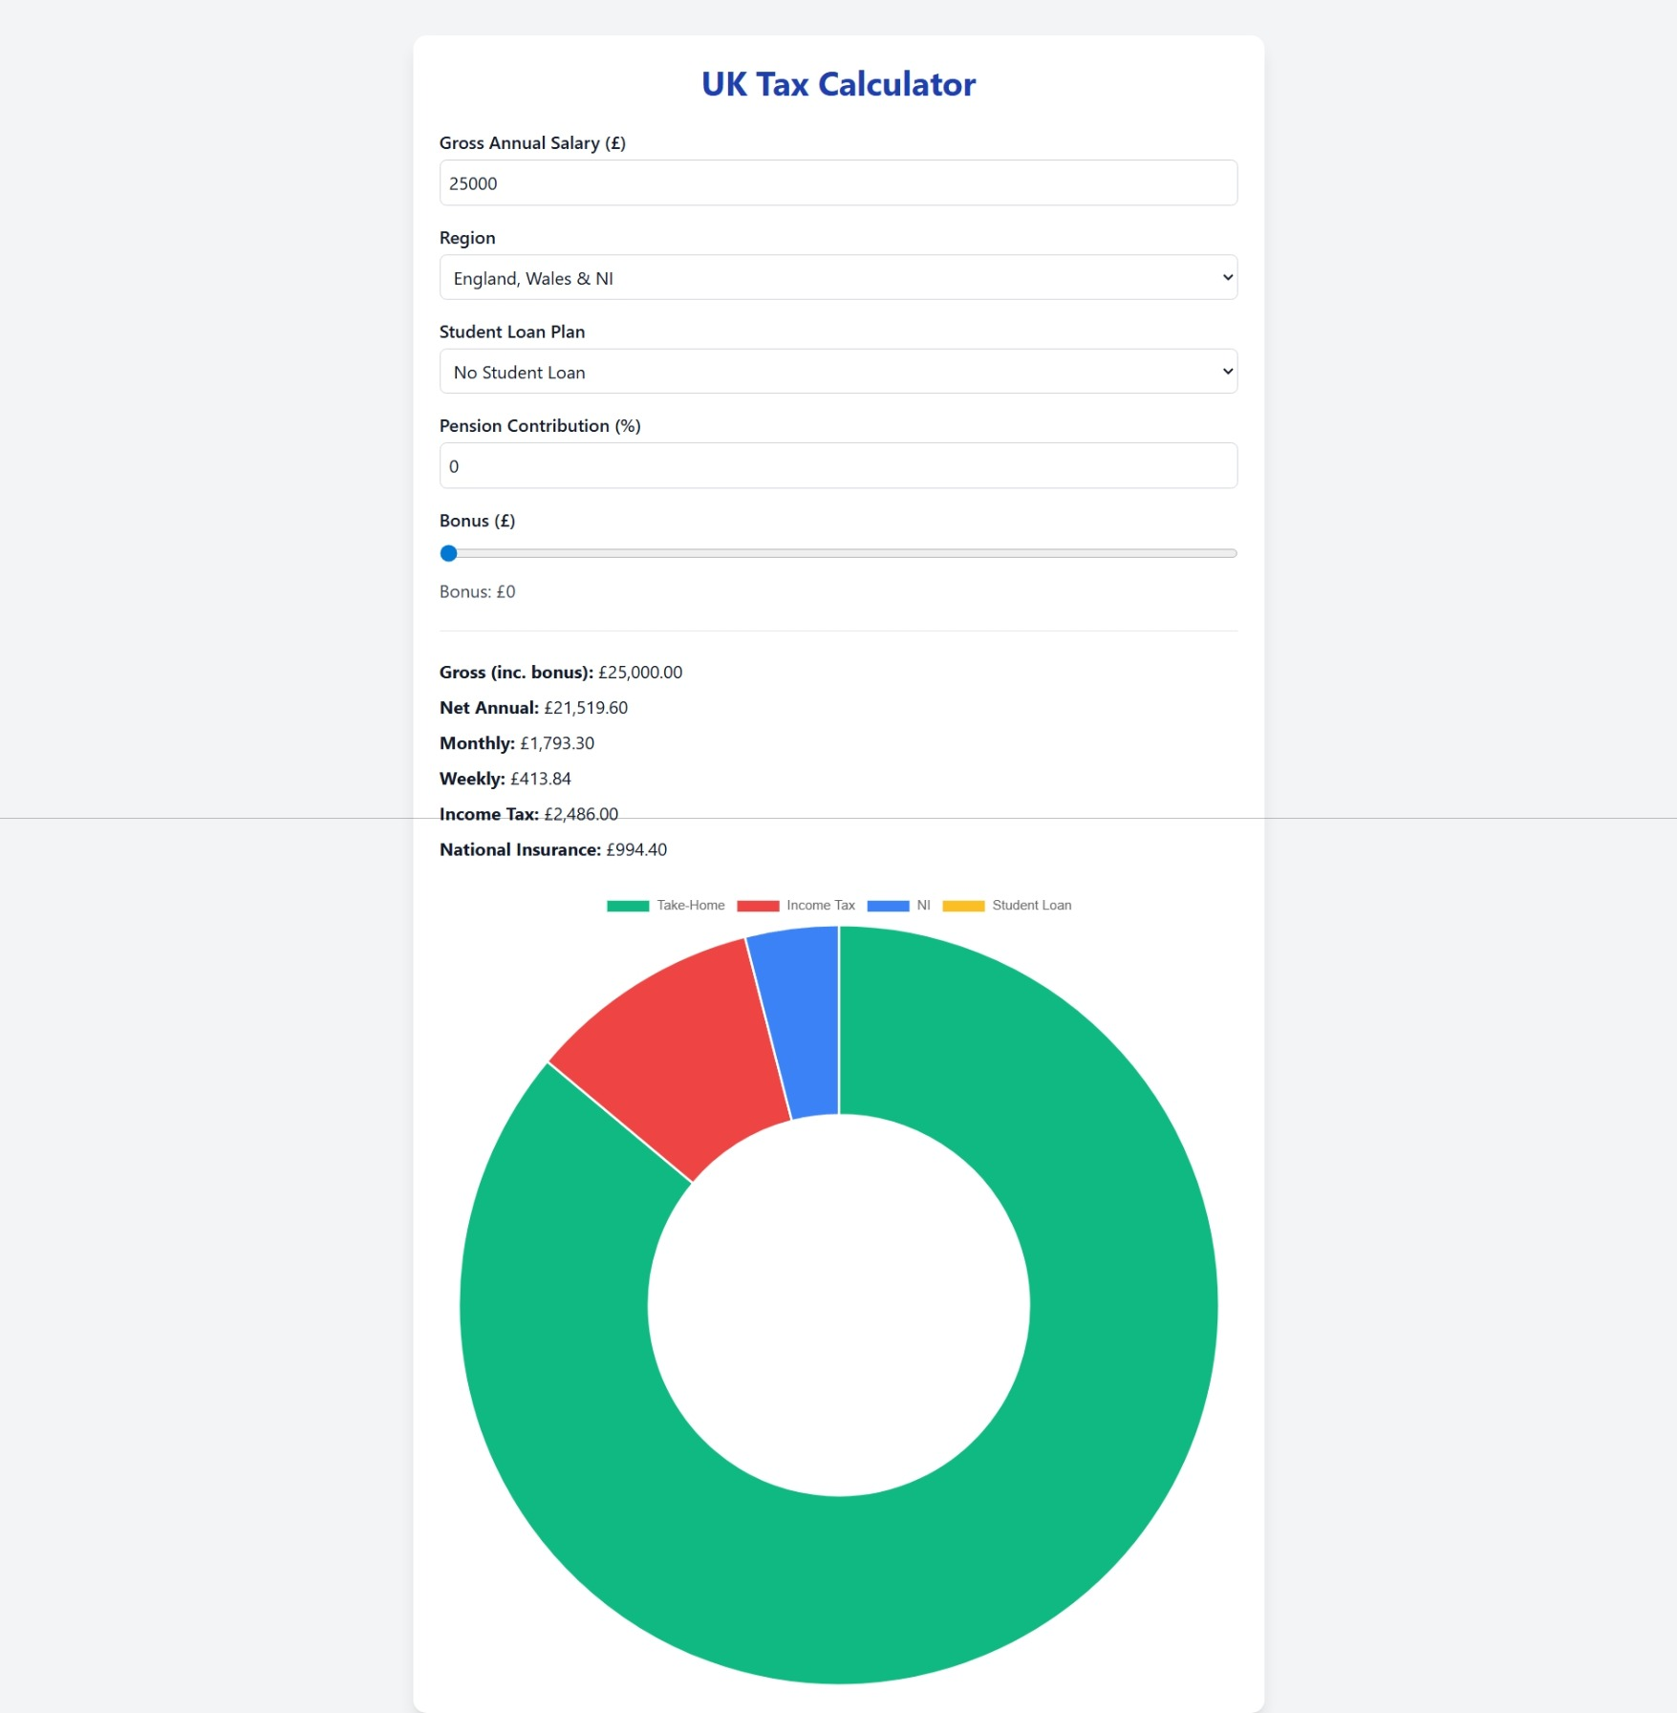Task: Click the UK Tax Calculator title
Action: (x=838, y=84)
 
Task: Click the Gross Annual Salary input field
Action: (x=838, y=182)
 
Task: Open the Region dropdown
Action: (x=838, y=277)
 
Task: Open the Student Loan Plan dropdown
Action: (x=838, y=372)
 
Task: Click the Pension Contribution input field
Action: (x=838, y=466)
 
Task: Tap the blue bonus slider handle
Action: (x=448, y=553)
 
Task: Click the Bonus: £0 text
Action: (x=477, y=591)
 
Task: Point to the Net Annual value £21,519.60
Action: (x=585, y=708)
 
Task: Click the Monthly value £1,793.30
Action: (x=556, y=743)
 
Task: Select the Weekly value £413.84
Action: (x=540, y=779)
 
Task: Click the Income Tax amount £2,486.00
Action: (x=580, y=814)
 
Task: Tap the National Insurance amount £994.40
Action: (x=635, y=849)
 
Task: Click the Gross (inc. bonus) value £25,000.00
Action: (x=639, y=673)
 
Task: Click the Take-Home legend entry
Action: (x=667, y=906)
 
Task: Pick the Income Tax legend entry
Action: (x=797, y=906)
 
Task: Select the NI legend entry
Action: (x=899, y=906)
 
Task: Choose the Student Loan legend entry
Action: (x=1007, y=906)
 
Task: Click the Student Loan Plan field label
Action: (x=511, y=332)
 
